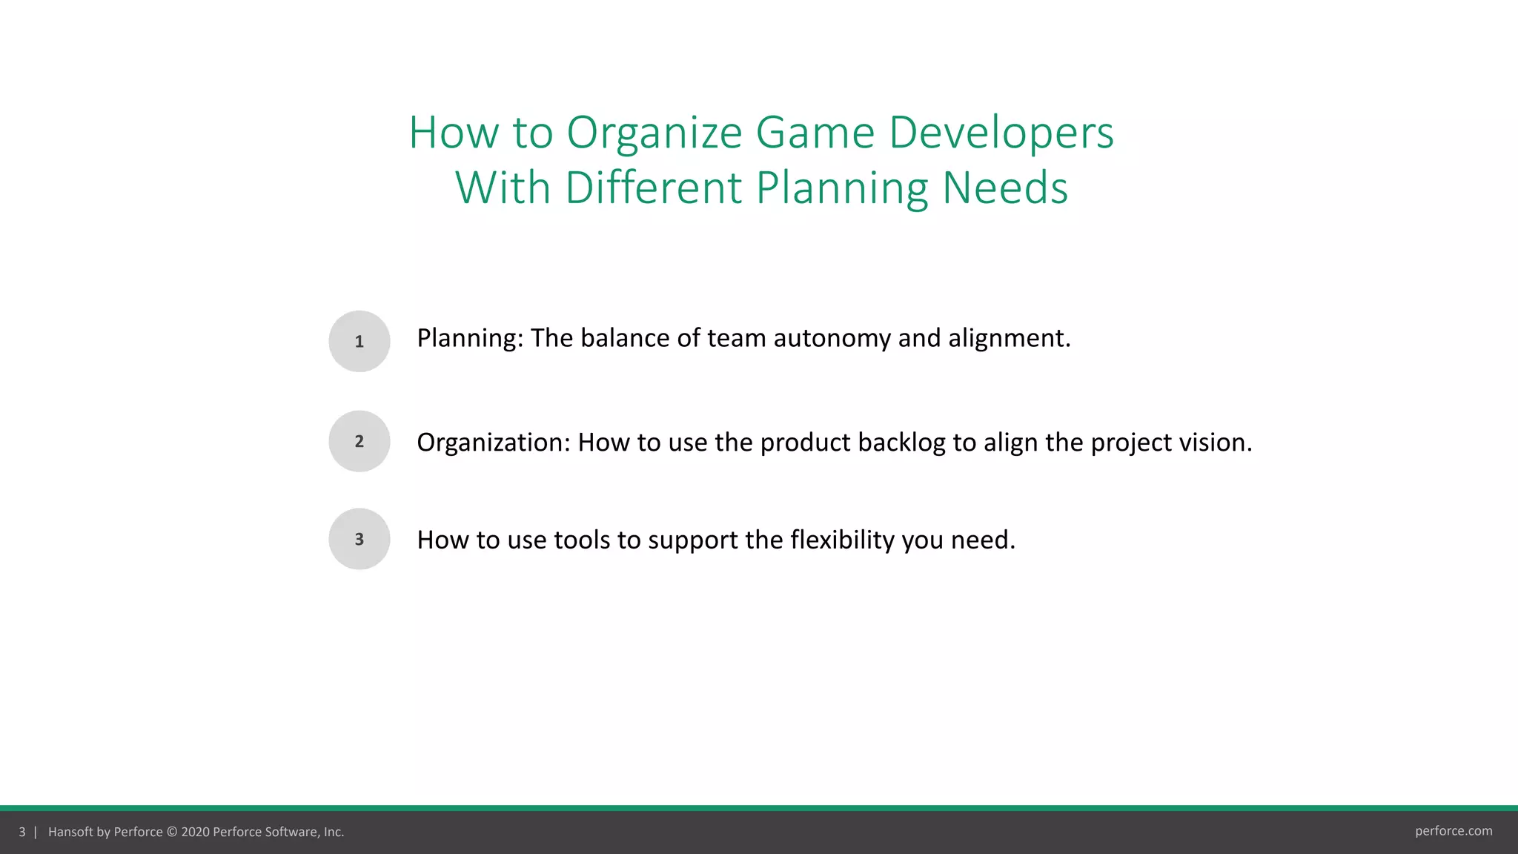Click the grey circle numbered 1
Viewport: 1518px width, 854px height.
(359, 341)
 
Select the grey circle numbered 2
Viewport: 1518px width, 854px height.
(359, 441)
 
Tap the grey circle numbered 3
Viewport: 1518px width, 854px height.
(359, 539)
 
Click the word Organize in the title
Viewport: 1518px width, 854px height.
(654, 133)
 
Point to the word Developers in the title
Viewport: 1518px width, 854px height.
(1001, 133)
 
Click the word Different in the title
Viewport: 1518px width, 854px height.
(653, 188)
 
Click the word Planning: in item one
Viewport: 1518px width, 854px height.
(470, 339)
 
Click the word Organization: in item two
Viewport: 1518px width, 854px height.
(494, 443)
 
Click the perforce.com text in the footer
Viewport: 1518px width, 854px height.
(1453, 831)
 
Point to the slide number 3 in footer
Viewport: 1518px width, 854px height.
(22, 832)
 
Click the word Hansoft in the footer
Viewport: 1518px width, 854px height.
(70, 832)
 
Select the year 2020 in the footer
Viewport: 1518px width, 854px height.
(195, 832)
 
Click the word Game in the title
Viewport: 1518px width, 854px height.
(815, 133)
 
